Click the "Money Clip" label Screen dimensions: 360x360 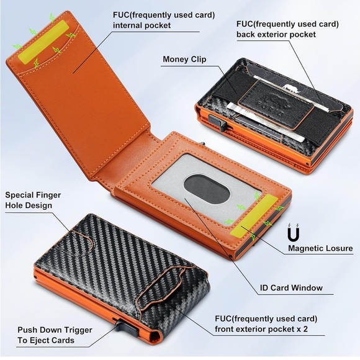pos(184,59)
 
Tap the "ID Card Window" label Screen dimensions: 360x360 pos(291,287)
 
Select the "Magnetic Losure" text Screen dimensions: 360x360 pos(320,248)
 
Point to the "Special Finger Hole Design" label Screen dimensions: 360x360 pos(33,200)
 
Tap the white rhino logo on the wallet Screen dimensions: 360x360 pos(291,88)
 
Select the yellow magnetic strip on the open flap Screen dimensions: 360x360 pos(43,42)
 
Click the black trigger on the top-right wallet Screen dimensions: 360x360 pos(217,122)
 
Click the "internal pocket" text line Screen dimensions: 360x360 pos(142,25)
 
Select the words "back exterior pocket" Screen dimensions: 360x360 pos(276,34)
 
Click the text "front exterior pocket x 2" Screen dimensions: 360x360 pos(261,329)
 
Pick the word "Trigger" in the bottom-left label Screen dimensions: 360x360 pos(78,330)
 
